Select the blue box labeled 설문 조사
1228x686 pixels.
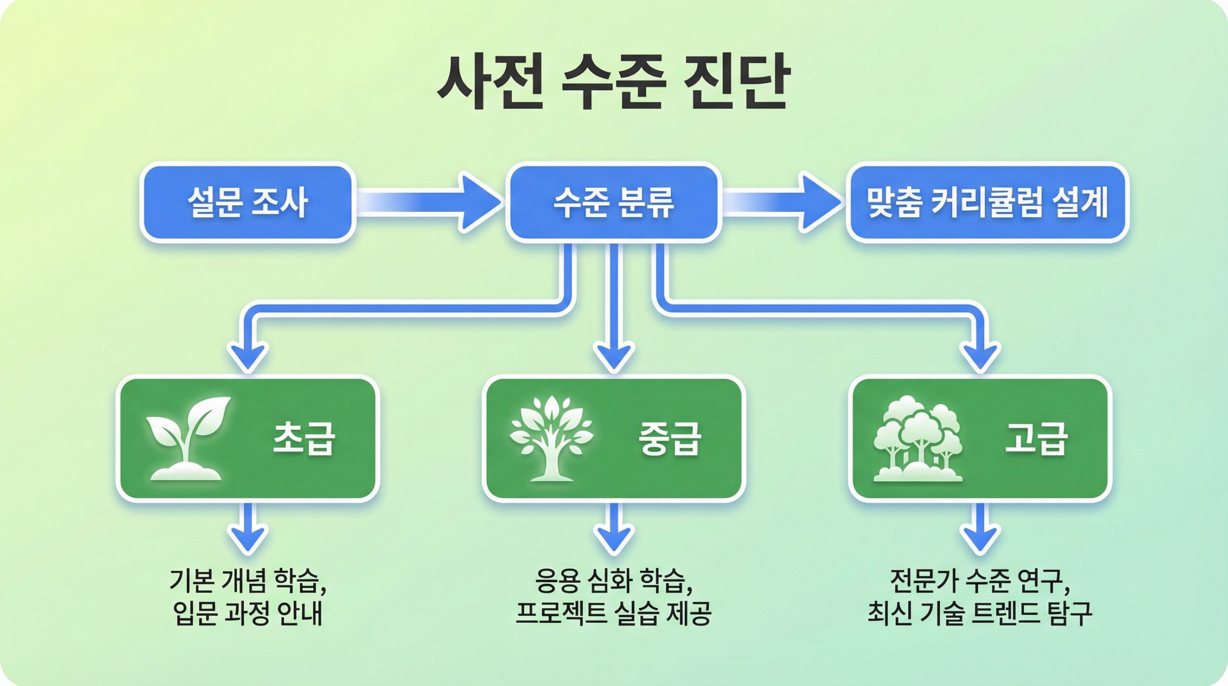click(247, 202)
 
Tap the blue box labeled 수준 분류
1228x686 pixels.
click(614, 202)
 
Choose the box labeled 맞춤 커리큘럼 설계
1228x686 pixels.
click(987, 202)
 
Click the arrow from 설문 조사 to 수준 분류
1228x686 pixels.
click(429, 202)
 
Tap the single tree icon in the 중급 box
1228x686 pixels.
click(551, 438)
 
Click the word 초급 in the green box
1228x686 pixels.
click(304, 438)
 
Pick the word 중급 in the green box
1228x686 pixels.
click(670, 438)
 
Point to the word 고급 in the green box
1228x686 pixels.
click(1036, 438)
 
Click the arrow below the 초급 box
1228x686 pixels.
click(248, 528)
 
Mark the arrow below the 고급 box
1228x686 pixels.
click(980, 528)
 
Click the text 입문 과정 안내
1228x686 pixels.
click(248, 614)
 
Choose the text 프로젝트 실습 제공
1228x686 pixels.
click(614, 614)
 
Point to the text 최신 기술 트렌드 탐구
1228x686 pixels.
click(980, 614)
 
